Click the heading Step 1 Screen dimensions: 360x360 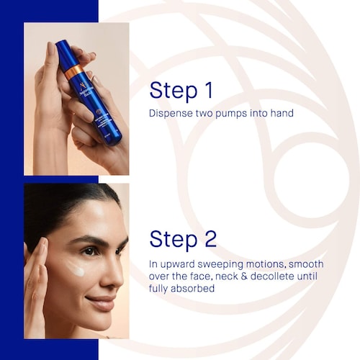181,91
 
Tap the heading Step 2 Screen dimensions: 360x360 183,240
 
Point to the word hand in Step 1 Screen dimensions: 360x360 282,113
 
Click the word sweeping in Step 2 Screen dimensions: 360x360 217,265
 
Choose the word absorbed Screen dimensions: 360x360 192,288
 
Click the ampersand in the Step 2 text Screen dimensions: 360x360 243,276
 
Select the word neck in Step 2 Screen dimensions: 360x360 226,276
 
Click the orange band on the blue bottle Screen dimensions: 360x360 74,71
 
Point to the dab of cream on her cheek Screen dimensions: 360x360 76,269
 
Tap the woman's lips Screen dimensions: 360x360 102,302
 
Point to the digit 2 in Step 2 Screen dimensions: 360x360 211,239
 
